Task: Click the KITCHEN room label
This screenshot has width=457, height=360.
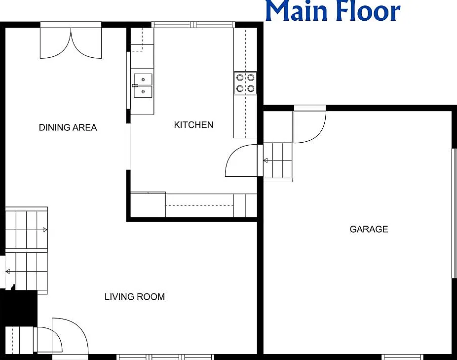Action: pyautogui.click(x=193, y=125)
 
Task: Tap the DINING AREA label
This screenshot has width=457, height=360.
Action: pyautogui.click(x=68, y=127)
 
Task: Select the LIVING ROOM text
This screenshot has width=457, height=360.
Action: pyautogui.click(x=135, y=297)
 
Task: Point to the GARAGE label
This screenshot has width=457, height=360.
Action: pyautogui.click(x=369, y=229)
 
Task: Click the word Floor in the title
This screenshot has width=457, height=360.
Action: pyautogui.click(x=368, y=10)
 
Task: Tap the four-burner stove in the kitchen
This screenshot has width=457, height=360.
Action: pyautogui.click(x=245, y=83)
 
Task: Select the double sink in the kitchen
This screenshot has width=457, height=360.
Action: pyautogui.click(x=143, y=85)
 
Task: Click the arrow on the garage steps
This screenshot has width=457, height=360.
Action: pyautogui.click(x=266, y=160)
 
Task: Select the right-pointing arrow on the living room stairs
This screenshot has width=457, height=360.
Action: pyautogui.click(x=45, y=230)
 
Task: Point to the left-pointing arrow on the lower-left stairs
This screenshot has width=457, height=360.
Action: pyautogui.click(x=8, y=271)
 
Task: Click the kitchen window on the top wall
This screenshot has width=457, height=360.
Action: pyautogui.click(x=193, y=25)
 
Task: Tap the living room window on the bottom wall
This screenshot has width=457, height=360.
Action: pyautogui.click(x=165, y=357)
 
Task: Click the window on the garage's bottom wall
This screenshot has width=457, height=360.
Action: pyautogui.click(x=403, y=357)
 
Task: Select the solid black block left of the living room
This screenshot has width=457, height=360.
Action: pyautogui.click(x=19, y=307)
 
